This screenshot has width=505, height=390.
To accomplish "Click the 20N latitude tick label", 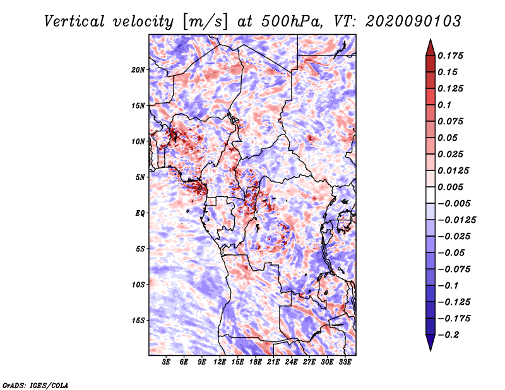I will coord(139,69).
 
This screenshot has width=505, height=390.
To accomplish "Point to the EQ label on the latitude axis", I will coord(140,213).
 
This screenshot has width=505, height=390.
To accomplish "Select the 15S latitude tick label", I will coord(139,320).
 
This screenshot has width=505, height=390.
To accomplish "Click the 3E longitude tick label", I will coord(167,363).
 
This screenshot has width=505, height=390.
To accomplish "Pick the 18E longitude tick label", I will coord(256,363).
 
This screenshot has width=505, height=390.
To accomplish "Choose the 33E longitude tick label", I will coord(345,363).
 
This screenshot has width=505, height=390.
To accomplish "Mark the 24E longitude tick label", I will coord(292,363).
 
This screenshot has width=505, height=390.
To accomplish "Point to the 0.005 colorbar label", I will coord(452,187).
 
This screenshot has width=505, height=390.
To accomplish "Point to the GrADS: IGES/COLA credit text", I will coord(35,384).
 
